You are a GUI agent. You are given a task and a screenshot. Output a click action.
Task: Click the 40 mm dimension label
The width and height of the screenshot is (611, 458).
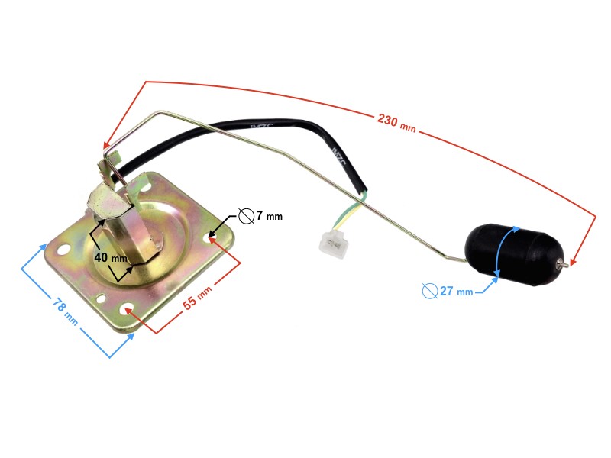pos(111,258)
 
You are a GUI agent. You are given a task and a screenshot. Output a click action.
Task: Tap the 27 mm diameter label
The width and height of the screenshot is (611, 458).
pos(456,292)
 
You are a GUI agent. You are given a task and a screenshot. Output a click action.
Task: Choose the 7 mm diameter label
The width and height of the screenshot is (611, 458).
pos(268,216)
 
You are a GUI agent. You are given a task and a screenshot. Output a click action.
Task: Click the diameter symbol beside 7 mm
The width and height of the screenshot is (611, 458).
pos(246,216)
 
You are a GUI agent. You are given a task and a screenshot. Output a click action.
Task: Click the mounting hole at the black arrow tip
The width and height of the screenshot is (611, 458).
pos(210,238)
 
